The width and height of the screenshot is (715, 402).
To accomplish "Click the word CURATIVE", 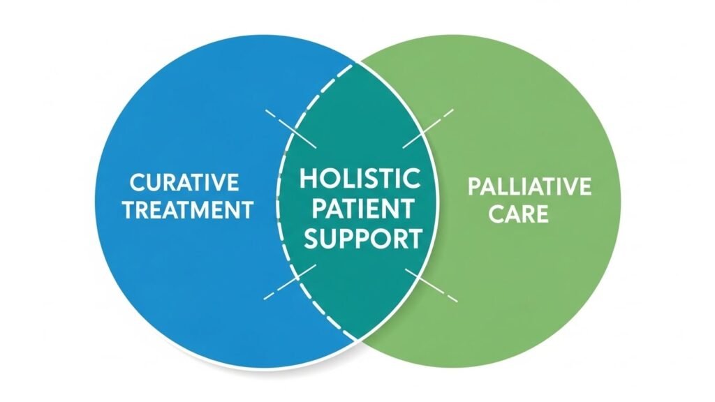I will point(184,184).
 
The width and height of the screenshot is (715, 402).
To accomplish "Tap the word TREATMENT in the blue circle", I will point(187,209).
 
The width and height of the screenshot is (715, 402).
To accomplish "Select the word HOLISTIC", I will point(360,179).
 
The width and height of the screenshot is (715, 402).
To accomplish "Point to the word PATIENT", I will point(360,209).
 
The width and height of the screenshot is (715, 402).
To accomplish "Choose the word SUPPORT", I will point(360,239).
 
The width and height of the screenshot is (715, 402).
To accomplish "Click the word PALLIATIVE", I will point(529,187).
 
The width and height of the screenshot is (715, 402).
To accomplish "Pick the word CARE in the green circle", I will point(518,213).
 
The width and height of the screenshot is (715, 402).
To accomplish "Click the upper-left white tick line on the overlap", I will point(290,128).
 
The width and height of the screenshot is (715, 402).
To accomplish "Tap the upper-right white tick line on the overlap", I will point(427,128).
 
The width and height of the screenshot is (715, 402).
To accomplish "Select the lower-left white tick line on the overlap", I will point(290,282).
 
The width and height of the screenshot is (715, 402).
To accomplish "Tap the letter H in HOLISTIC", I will point(308,179).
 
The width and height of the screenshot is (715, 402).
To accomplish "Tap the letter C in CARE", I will point(497,213).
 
